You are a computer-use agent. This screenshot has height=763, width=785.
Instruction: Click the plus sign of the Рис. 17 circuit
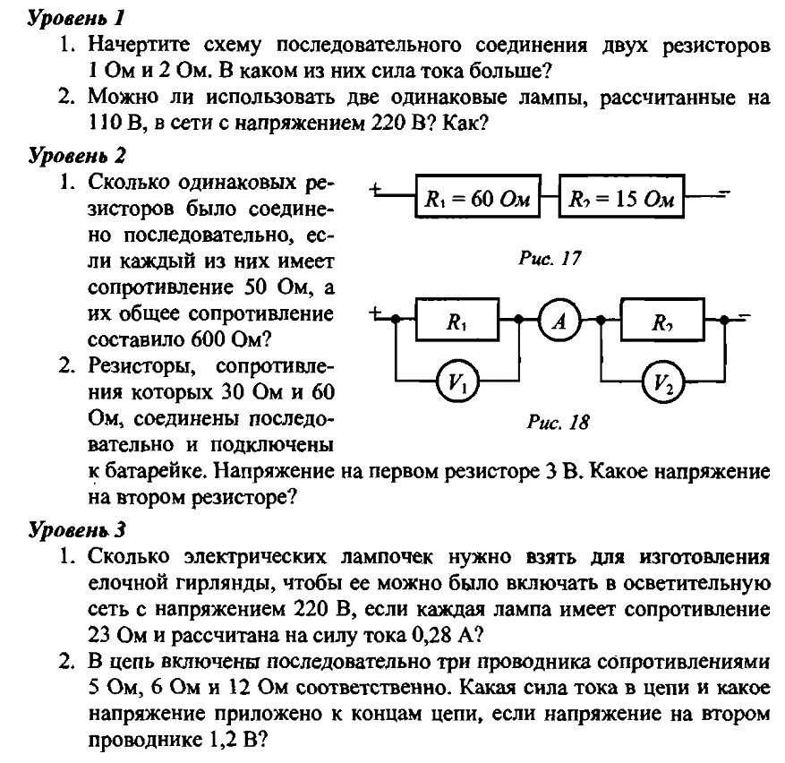(x=376, y=189)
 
